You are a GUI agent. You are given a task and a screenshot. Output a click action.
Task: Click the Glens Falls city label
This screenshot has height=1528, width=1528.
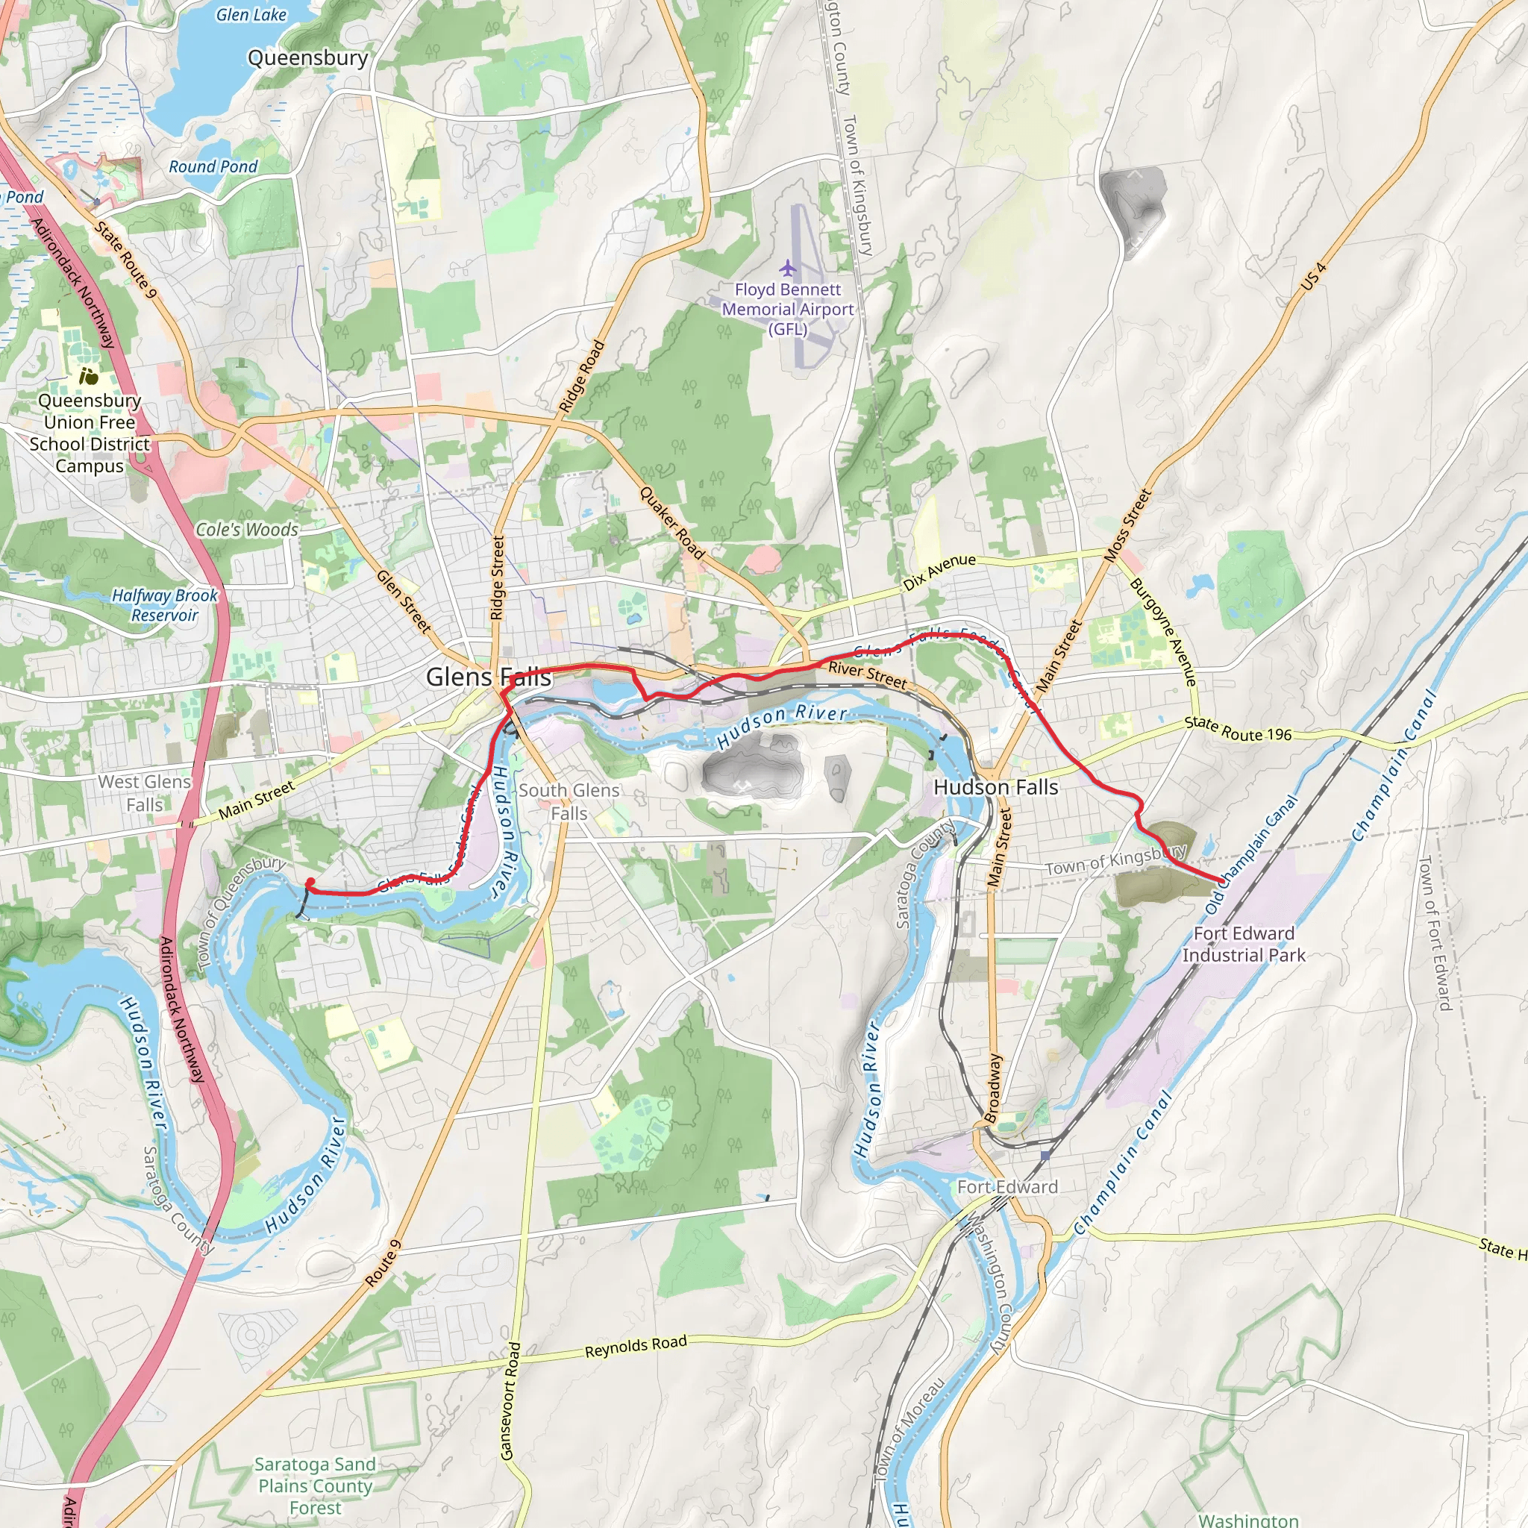pos(488,677)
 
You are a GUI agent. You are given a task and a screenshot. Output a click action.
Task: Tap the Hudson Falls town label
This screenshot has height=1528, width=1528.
pos(995,787)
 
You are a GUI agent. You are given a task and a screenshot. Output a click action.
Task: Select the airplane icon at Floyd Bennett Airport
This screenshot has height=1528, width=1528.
pos(787,268)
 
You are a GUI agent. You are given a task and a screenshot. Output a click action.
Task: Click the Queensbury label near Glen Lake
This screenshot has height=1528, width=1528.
pos(307,57)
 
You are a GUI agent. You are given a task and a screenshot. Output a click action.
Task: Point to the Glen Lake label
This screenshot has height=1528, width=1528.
pos(251,14)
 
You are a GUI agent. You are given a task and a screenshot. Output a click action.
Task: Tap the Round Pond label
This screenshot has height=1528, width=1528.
pos(213,167)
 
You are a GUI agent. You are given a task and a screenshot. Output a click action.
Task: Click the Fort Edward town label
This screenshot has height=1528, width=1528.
pos(1006,1186)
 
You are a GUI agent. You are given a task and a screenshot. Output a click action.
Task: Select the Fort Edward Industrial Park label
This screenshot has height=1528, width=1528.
pos(1243,945)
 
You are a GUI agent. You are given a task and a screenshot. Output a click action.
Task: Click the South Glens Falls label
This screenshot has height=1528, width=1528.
pos(569,801)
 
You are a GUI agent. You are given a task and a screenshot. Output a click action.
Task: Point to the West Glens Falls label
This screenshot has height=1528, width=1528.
pos(144,792)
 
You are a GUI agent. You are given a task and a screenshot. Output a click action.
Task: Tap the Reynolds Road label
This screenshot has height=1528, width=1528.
pos(636,1346)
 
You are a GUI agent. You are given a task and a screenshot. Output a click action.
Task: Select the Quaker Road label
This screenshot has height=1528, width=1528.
pos(671,523)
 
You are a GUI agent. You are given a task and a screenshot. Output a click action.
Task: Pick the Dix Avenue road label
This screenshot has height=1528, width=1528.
pos(939,572)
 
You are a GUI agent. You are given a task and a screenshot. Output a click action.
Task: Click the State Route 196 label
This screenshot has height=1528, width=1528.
pos(1238,728)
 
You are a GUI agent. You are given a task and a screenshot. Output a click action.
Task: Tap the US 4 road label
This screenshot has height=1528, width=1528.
pos(1314,276)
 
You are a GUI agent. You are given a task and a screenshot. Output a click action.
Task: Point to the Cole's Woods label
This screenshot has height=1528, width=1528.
pos(247,530)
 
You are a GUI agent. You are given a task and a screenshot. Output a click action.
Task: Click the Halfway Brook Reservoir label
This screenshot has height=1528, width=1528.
pos(164,605)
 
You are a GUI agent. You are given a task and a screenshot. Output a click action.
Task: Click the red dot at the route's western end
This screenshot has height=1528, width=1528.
pos(311,882)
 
